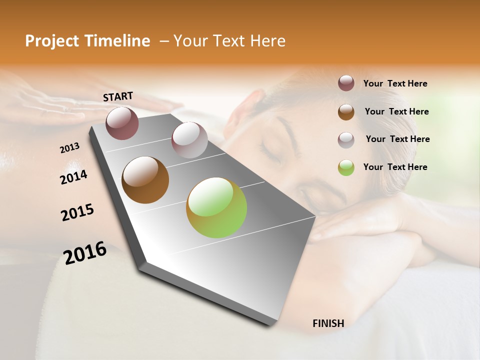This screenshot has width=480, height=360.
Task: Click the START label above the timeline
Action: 118,96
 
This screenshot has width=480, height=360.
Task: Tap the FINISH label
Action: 328,323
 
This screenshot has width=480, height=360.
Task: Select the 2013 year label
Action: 69,148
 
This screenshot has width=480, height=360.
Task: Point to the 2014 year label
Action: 73,177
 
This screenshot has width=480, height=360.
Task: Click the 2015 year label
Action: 77,212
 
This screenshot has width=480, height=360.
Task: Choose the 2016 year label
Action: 85,253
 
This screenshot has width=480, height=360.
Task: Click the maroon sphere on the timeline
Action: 122,123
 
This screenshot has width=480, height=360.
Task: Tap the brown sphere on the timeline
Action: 145,180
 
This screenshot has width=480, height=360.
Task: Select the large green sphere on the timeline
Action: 216,207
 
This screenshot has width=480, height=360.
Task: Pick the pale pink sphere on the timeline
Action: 189,139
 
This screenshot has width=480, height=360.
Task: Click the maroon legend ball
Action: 346,83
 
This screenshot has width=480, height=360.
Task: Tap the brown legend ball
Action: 346,111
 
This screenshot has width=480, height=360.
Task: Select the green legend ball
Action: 346,167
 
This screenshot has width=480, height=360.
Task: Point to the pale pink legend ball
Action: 346,139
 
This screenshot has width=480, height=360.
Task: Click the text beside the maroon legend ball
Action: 395,84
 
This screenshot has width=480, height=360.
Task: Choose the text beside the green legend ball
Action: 395,167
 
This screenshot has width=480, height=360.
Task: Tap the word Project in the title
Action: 51,41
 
